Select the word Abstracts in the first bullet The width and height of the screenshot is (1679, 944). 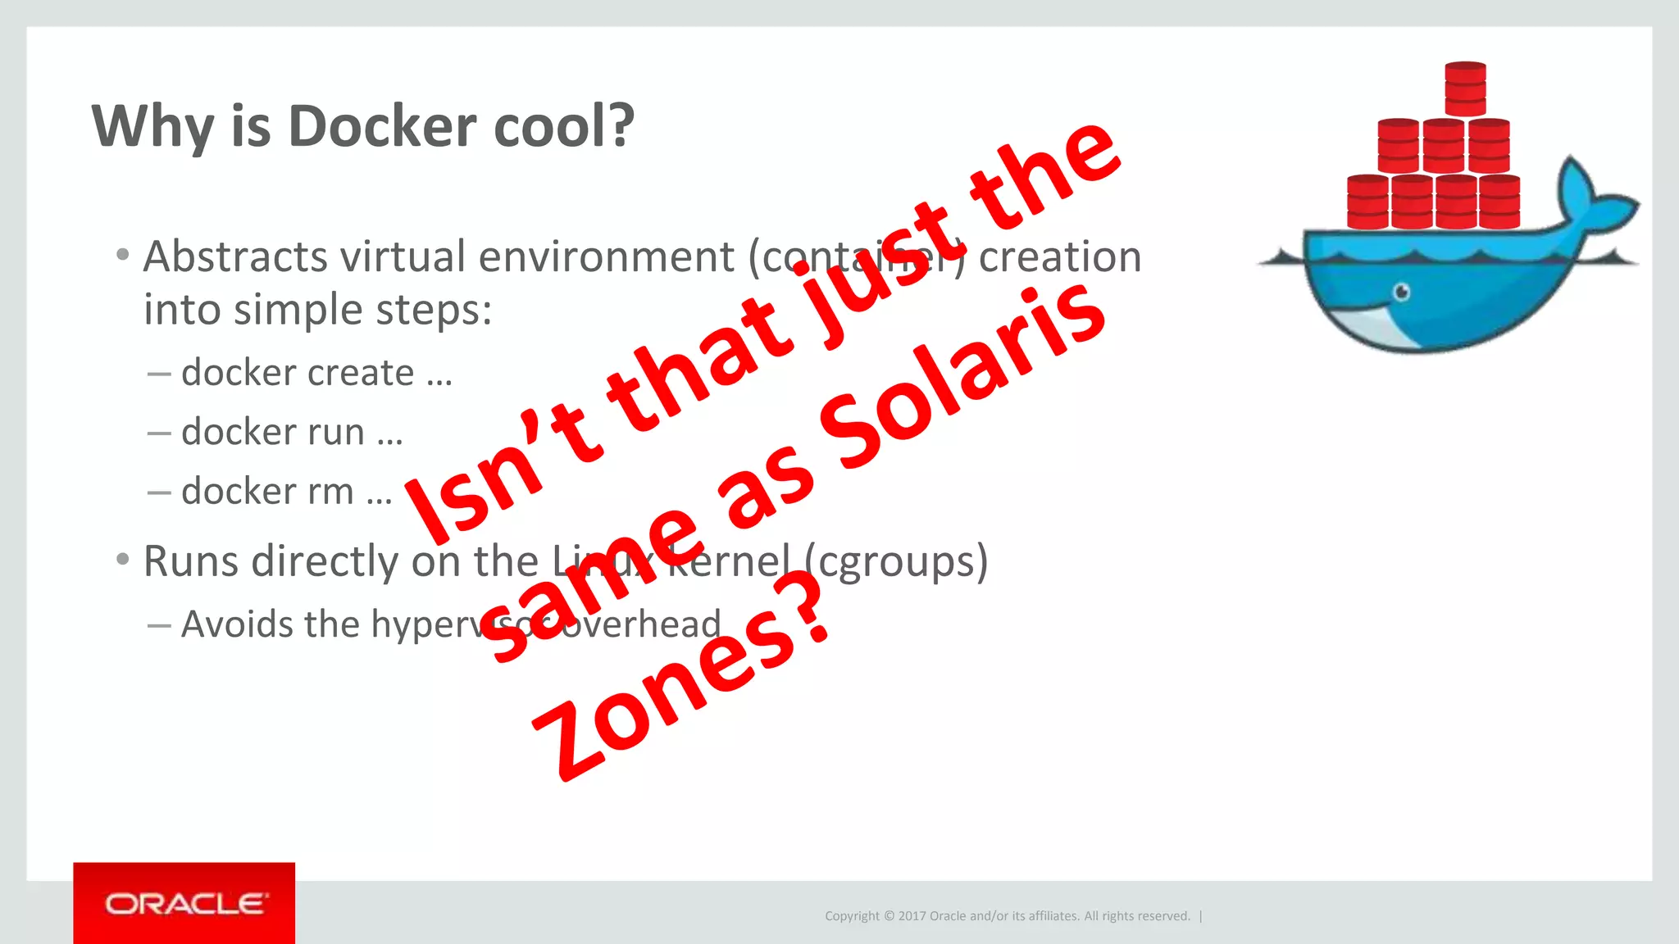tap(235, 256)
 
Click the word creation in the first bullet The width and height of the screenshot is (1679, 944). tap(1059, 256)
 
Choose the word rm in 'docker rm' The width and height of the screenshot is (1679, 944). tap(330, 492)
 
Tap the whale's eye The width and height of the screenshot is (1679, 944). tap(1402, 292)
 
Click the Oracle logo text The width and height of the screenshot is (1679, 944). tap(185, 904)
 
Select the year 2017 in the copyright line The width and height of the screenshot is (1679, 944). tap(912, 916)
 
